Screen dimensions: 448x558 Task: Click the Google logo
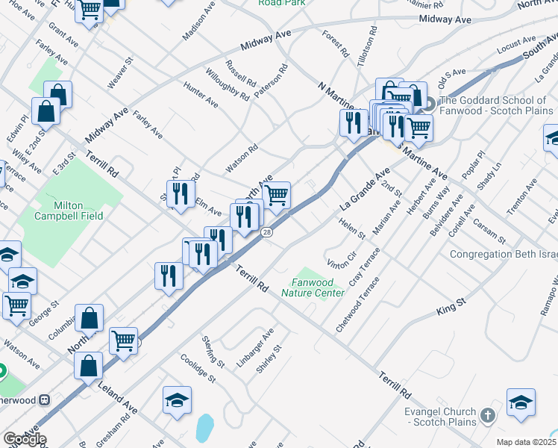coord(24,439)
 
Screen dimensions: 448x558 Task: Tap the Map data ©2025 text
coord(526,442)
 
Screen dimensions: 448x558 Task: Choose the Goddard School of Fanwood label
coord(497,105)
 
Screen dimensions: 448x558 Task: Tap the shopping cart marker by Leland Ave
coord(124,340)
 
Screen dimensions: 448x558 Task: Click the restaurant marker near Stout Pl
coord(180,194)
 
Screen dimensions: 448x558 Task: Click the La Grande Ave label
coord(366,189)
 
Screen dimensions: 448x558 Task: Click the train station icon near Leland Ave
coord(45,399)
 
